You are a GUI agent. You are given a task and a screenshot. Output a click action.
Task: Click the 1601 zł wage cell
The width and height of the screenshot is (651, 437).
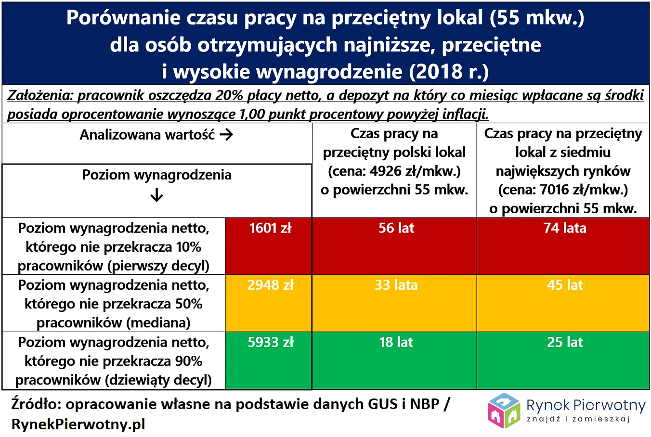(x=270, y=228)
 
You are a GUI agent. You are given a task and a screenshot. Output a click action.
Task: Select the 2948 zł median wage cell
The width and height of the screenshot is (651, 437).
(x=270, y=285)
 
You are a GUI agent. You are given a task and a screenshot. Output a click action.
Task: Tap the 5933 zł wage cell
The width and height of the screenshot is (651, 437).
(x=270, y=342)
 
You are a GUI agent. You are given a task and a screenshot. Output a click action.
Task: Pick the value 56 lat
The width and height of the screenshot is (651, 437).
(x=396, y=228)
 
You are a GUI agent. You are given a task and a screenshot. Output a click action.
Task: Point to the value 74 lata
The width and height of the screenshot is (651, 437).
(x=564, y=228)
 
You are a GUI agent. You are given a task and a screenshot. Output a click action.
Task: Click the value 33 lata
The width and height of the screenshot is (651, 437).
(x=396, y=285)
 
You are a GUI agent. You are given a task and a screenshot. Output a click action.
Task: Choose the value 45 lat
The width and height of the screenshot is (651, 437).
(x=564, y=285)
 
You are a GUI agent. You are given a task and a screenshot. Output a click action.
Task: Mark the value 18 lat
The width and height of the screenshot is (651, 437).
(x=396, y=342)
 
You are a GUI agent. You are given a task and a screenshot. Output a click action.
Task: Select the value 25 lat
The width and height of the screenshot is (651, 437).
(x=564, y=342)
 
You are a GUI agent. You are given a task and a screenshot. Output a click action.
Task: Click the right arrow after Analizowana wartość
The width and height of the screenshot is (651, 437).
(x=226, y=135)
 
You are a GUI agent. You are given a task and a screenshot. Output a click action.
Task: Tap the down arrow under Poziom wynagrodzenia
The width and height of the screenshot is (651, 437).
(x=157, y=195)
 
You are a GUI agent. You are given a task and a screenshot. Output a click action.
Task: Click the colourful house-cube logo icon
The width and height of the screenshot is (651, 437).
(x=504, y=411)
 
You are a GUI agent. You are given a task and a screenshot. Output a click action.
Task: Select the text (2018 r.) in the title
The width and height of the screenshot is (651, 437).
(x=449, y=72)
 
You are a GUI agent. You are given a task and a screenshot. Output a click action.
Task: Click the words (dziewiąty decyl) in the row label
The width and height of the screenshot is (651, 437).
(x=159, y=380)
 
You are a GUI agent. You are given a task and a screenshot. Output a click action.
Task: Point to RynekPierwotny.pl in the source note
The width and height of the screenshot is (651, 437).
(x=78, y=424)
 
